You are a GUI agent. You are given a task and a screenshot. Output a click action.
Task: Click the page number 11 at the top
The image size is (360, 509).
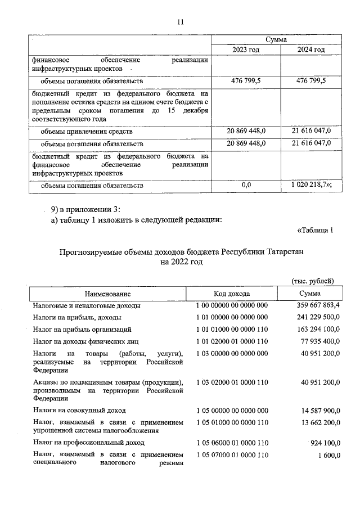tap(180, 22)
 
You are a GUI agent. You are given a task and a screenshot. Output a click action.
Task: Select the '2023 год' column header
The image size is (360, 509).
tap(246, 50)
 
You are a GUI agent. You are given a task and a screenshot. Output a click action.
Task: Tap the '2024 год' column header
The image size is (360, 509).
tap(311, 50)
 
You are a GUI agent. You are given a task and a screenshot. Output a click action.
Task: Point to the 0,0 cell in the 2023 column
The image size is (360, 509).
tap(246, 184)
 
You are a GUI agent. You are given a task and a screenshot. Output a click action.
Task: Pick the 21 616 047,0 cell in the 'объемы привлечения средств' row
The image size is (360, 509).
tap(311, 131)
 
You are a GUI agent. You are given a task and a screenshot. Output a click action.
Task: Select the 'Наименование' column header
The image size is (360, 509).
tap(108, 294)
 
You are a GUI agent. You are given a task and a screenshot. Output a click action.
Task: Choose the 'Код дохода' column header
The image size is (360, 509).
tap(232, 294)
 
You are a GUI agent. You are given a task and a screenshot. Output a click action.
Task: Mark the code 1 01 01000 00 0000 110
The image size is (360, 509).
tap(232, 329)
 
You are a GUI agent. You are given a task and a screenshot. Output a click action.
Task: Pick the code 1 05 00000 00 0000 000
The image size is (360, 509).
tap(232, 411)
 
